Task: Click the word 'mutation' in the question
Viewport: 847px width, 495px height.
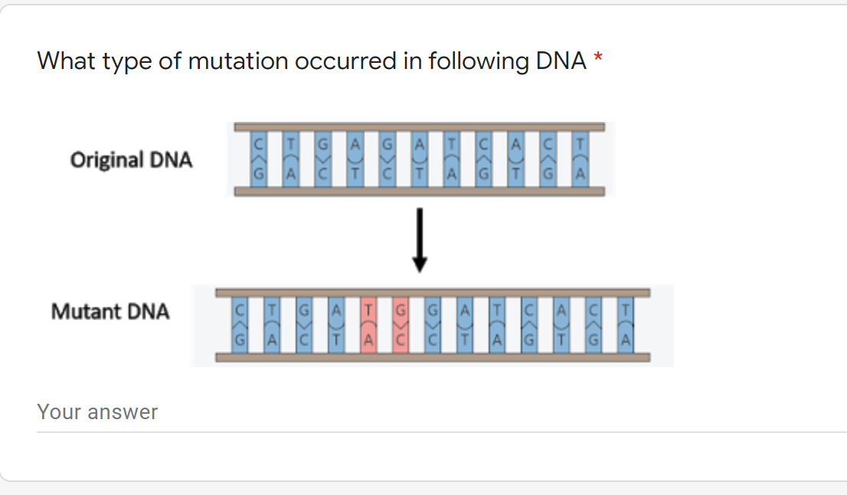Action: coord(234,61)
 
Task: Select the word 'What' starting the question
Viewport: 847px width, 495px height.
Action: coord(67,61)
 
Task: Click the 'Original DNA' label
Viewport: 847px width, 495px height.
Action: coord(131,160)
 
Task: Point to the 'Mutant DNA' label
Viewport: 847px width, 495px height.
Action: coord(110,312)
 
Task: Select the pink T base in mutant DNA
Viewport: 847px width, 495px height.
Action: coord(368,311)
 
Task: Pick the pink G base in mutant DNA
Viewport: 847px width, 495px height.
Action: coord(401,311)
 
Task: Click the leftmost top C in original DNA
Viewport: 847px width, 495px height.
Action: coord(260,143)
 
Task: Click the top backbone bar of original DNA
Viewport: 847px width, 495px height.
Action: coord(420,126)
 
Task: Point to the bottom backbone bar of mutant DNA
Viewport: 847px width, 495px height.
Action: coord(433,357)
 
